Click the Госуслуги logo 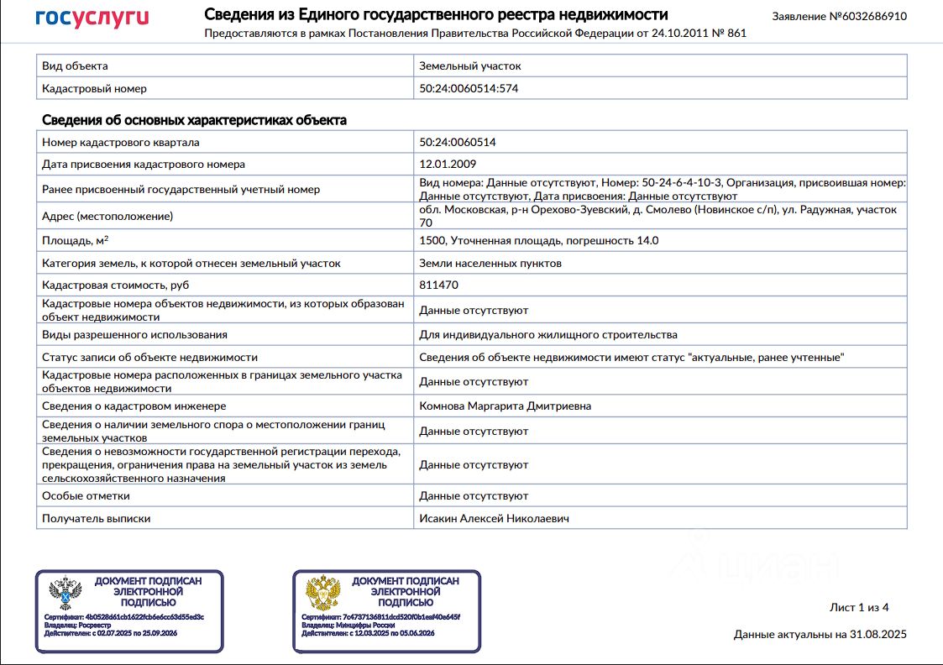[92, 18]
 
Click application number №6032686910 [840, 16]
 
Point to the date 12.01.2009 [448, 165]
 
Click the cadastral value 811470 [438, 285]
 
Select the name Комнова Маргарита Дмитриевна [506, 406]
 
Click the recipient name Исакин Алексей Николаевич [494, 519]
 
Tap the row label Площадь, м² [75, 241]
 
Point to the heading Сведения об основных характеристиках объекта [194, 120]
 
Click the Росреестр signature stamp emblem [65, 593]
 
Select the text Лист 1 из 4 [858, 607]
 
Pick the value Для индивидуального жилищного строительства [547, 335]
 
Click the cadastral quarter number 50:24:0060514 [458, 142]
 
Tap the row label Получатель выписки [97, 519]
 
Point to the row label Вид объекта [75, 65]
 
